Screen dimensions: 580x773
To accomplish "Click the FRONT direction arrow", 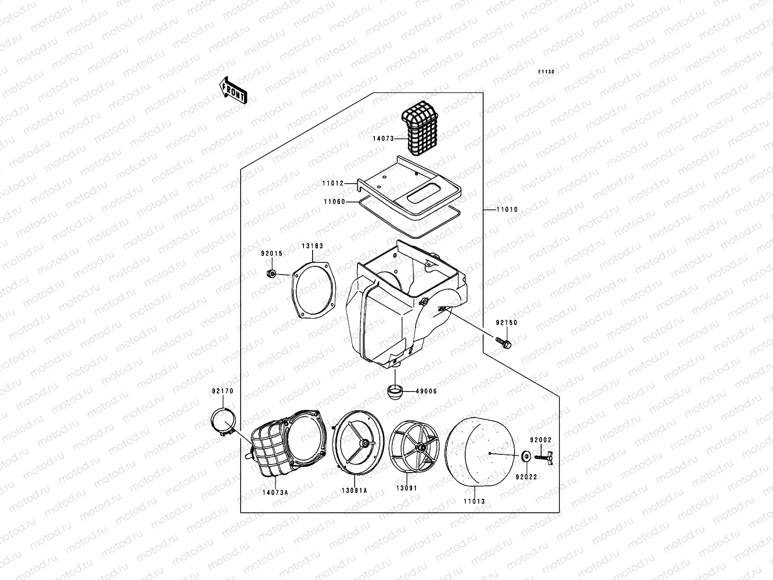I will (x=233, y=90).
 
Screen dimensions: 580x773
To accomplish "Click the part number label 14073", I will (x=383, y=139).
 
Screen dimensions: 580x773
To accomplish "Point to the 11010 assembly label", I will (x=507, y=210).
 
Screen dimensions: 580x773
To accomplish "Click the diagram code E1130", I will (x=547, y=72).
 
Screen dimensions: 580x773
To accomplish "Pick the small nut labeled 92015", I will (x=272, y=274).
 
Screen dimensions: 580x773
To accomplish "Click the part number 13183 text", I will (x=313, y=246).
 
